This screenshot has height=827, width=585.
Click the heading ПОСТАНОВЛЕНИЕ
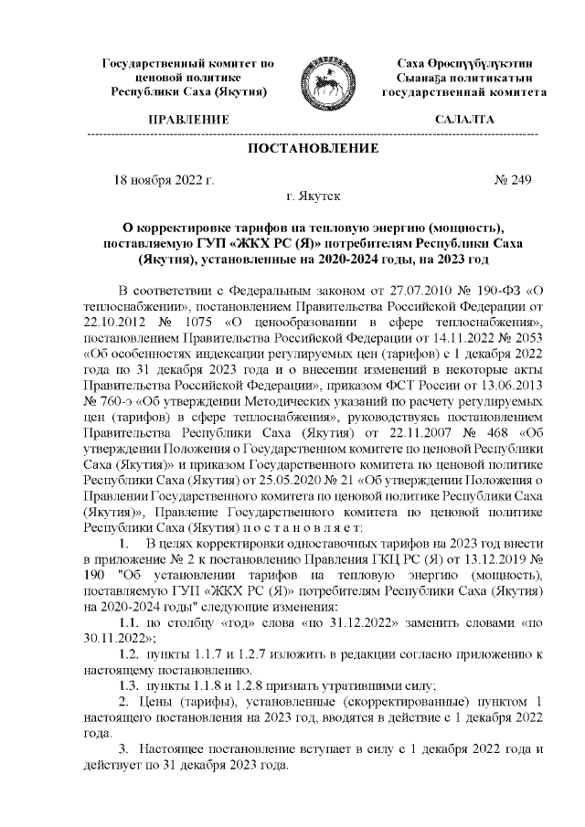[x=313, y=148]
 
